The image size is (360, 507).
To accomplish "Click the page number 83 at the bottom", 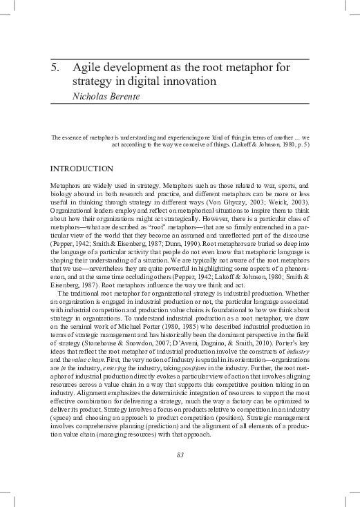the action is point(180,454).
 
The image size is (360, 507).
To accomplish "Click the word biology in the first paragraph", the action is point(63,195).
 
